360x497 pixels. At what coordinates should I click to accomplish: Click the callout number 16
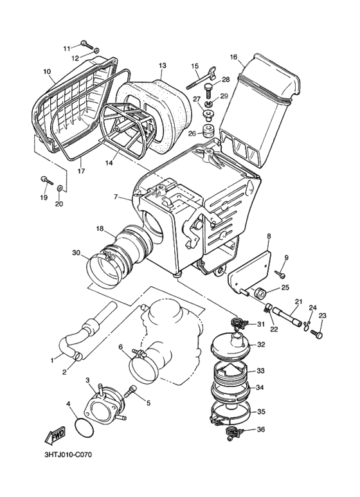pos(234,57)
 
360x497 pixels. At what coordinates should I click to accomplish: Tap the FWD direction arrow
pos(55,437)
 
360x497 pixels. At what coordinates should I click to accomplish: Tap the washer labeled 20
pos(59,188)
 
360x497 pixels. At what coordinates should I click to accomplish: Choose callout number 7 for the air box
pos(116,196)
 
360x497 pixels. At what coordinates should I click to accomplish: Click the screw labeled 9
pos(281,274)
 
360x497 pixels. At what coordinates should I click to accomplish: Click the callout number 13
pos(163,66)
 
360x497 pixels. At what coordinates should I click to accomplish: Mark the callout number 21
pos(298,302)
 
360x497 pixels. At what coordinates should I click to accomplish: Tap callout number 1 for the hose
pos(53,361)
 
